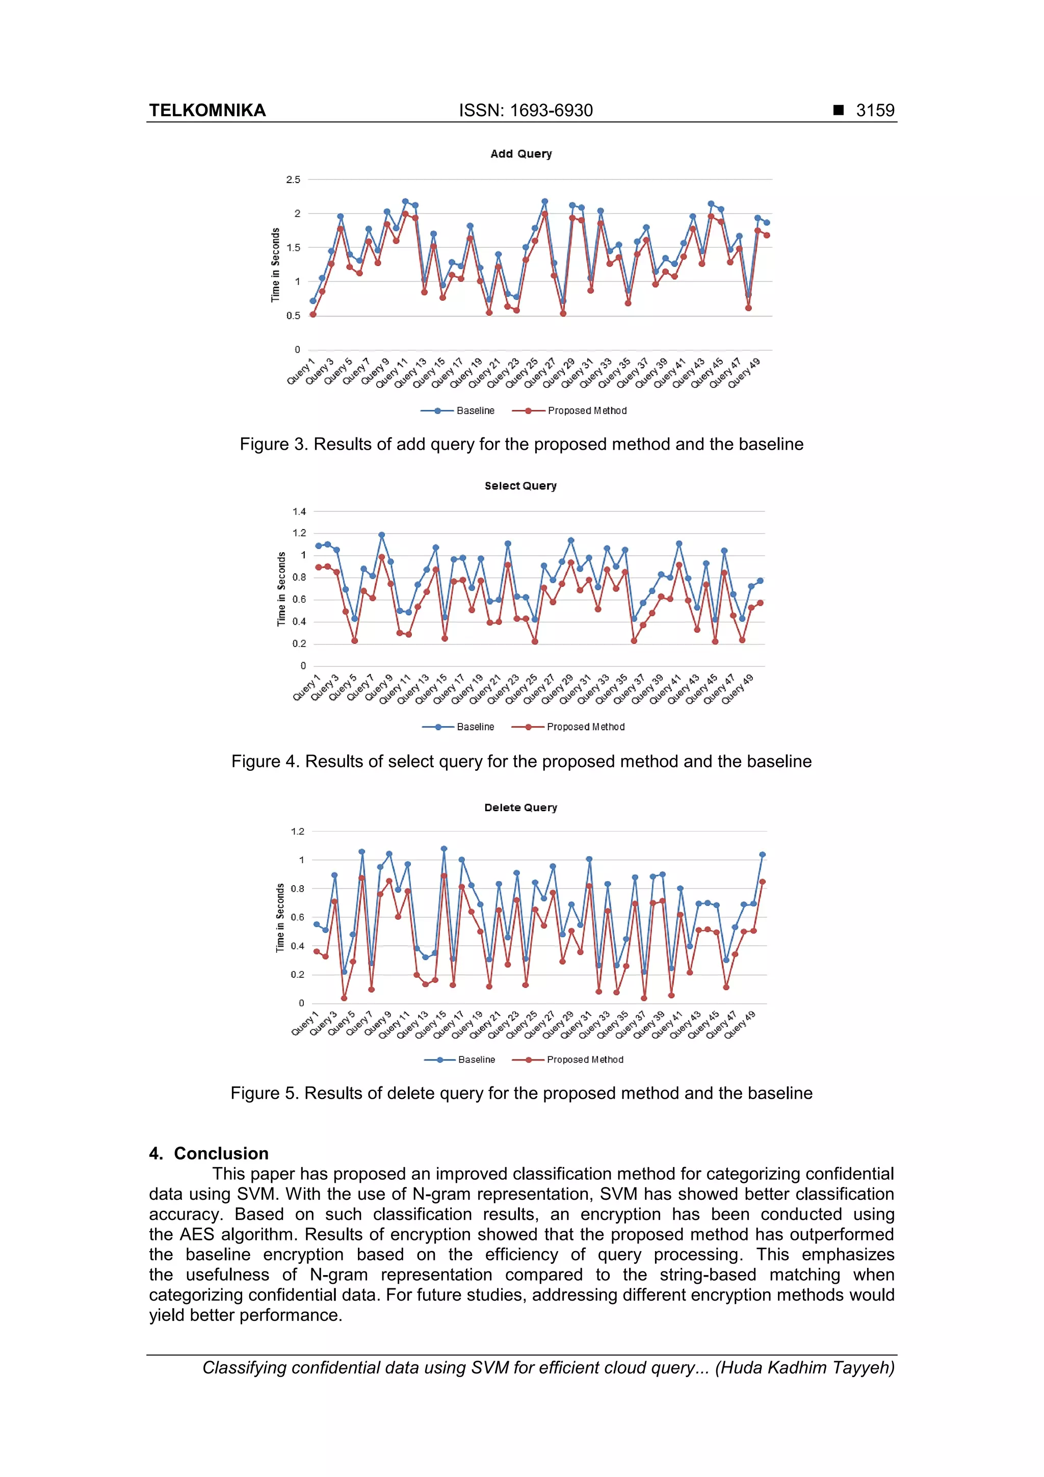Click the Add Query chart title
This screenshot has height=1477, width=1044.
click(x=520, y=154)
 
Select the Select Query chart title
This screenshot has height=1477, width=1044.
click(x=520, y=486)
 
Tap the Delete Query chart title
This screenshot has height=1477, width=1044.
click(x=520, y=808)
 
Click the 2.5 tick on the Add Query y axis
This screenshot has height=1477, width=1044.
click(x=293, y=179)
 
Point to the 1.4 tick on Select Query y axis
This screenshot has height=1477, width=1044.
click(x=299, y=511)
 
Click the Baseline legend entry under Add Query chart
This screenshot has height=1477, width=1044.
click(x=475, y=410)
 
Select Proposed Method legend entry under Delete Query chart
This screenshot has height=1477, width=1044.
click(x=584, y=1059)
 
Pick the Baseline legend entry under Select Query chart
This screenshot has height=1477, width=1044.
click(x=475, y=727)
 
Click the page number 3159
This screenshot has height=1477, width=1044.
click(x=874, y=110)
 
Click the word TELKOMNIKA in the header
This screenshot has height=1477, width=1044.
click(x=207, y=110)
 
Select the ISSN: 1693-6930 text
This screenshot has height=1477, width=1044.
click(x=526, y=110)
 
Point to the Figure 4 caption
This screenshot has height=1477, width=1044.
click(x=521, y=761)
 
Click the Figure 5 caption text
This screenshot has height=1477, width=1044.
click(x=521, y=1093)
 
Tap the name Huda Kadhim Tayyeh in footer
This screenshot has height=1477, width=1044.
click(x=805, y=1368)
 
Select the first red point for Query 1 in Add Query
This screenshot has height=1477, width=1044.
click(x=312, y=315)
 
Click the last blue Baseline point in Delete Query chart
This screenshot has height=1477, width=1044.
click(x=762, y=855)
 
